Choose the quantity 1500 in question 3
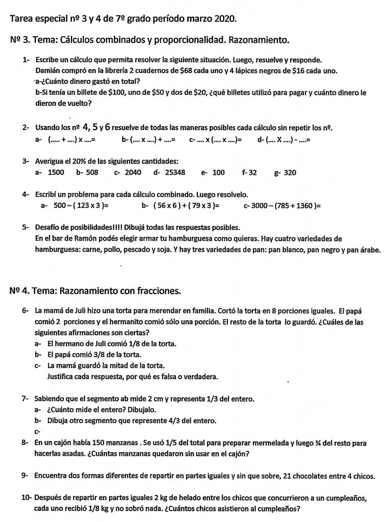(x=56, y=172)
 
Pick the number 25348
(x=175, y=172)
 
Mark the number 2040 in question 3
(x=133, y=172)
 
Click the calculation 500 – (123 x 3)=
(x=81, y=205)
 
